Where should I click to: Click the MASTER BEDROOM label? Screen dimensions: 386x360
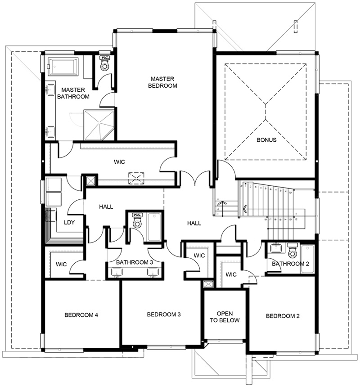164,82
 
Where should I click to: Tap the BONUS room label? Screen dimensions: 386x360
266,139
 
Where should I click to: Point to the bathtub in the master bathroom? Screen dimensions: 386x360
63,67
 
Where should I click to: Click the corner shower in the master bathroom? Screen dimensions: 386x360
99,125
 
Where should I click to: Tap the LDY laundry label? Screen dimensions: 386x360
69,222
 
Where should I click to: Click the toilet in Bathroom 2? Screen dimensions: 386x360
292,251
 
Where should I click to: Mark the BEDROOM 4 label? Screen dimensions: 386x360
81,315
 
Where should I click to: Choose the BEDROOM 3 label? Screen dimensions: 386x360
164,314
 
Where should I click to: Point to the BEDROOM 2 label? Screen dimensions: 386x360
283,316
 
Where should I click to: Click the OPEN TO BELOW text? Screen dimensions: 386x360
225,317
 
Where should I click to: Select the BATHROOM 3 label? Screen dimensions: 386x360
134,262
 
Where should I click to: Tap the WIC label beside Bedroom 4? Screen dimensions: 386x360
62,264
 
